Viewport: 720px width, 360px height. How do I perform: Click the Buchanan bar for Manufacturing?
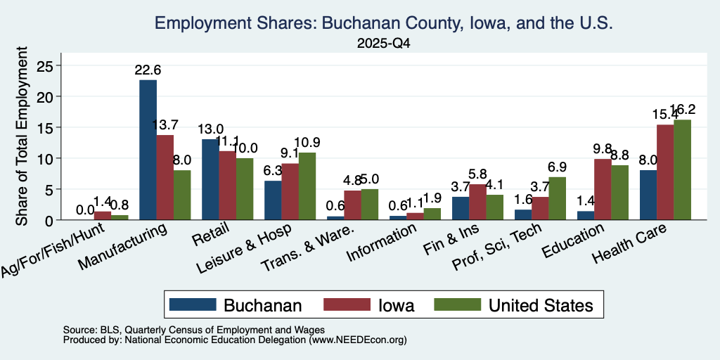click(148, 150)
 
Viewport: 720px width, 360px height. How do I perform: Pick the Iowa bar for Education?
click(603, 190)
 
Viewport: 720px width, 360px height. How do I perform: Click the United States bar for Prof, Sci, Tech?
click(557, 198)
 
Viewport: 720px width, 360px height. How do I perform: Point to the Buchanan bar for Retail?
click(210, 179)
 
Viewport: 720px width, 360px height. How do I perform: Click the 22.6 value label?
click(148, 70)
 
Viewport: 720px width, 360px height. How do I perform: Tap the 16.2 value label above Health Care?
click(682, 109)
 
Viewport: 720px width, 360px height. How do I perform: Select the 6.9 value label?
click(557, 167)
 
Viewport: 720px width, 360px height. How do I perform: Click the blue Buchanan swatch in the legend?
click(193, 304)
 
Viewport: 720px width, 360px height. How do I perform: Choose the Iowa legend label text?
click(397, 305)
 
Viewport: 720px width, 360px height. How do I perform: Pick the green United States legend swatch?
click(457, 304)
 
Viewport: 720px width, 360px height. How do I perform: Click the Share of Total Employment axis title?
click(22, 136)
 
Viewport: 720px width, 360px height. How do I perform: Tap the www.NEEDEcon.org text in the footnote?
click(358, 340)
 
